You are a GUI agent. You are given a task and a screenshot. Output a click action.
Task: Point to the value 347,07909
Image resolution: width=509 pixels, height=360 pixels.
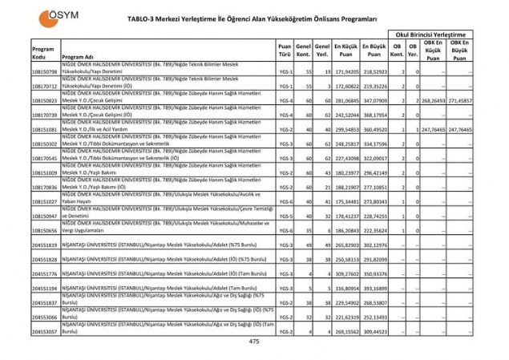pyautogui.click(x=375, y=101)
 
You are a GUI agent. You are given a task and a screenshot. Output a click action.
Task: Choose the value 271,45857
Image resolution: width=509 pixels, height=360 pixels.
pyautogui.click(x=459, y=101)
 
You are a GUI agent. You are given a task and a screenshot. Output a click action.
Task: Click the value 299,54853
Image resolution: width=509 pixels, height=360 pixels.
pyautogui.click(x=346, y=129)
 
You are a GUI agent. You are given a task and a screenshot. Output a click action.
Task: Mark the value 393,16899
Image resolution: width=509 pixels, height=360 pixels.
pyautogui.click(x=375, y=288)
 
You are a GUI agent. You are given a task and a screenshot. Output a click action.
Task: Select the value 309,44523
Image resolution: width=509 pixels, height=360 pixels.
pyautogui.click(x=375, y=331)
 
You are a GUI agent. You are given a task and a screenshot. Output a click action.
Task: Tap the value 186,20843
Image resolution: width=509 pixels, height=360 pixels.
pyautogui.click(x=346, y=230)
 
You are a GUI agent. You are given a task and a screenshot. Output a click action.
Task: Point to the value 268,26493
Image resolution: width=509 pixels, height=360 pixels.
pyautogui.click(x=432, y=101)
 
